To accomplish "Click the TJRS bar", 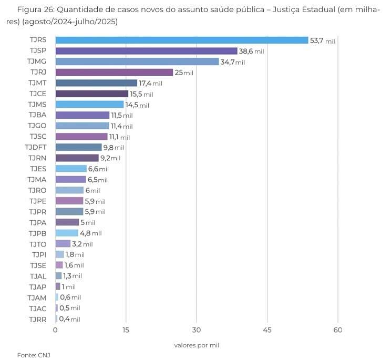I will pyautogui.click(x=181, y=40).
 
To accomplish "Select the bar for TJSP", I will pyautogui.click(x=146, y=51).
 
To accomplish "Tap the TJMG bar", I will pyautogui.click(x=137, y=62).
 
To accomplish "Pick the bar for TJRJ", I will pyautogui.click(x=114, y=73).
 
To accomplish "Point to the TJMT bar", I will pyautogui.click(x=96, y=83).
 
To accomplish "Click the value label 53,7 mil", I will pyautogui.click(x=322, y=40).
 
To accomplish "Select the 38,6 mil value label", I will pyautogui.click(x=251, y=52).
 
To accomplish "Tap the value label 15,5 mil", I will pyautogui.click(x=141, y=94).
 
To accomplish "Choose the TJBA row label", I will pyautogui.click(x=38, y=115).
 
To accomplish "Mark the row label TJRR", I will pyautogui.click(x=38, y=318).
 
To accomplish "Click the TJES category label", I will pyautogui.click(x=38, y=169).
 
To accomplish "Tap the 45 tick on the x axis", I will pyautogui.click(x=267, y=330).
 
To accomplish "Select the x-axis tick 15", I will pyautogui.click(x=126, y=330).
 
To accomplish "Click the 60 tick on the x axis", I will pyautogui.click(x=337, y=330).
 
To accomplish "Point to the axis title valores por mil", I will pyautogui.click(x=197, y=345).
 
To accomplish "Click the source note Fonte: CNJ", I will pyautogui.click(x=34, y=355).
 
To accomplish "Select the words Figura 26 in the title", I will pyautogui.click(x=35, y=10).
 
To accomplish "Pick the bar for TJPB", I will pyautogui.click(x=67, y=233).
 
